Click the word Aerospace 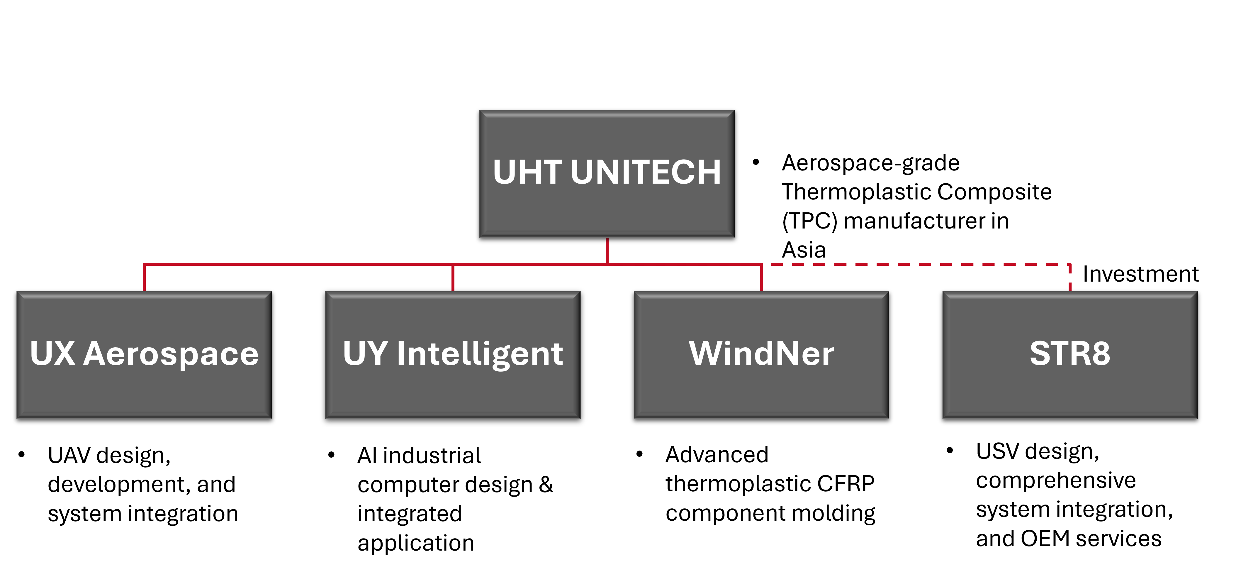[171, 354]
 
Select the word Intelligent [480, 354]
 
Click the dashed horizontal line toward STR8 [918, 264]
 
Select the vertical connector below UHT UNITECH [607, 250]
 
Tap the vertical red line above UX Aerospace [144, 278]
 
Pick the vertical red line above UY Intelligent [453, 278]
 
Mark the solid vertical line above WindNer [761, 278]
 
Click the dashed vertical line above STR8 [1070, 278]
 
